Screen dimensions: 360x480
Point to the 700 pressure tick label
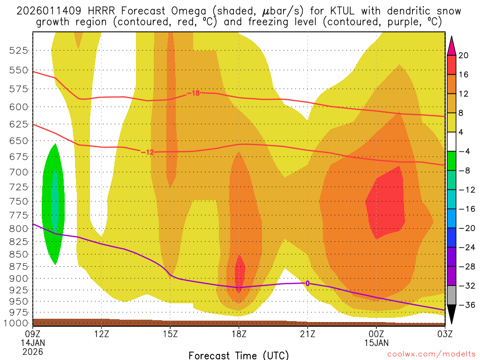pos(19,172)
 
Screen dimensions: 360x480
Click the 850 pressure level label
pos(19,254)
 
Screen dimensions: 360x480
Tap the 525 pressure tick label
pos(19,50)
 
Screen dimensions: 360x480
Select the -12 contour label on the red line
pos(147,152)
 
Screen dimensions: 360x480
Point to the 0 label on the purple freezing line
pos(307,283)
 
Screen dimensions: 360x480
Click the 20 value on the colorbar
pos(464,55)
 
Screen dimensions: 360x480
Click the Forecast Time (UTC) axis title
pos(239,355)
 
